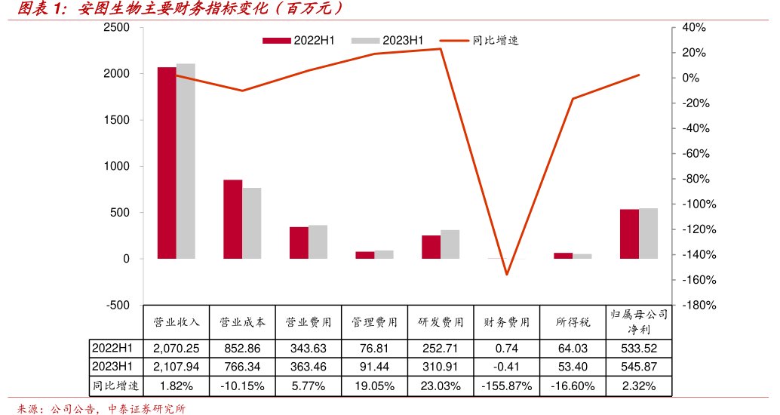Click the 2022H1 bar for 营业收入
[x=167, y=163]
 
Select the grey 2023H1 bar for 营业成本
[x=252, y=223]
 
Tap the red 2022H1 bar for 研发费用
[x=431, y=247]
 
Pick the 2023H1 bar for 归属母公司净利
[x=648, y=233]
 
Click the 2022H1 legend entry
[x=299, y=40]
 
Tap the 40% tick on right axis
[x=692, y=28]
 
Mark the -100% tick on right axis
[x=696, y=204]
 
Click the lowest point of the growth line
[x=507, y=274]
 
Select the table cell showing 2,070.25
[x=176, y=349]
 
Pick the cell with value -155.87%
[x=506, y=386]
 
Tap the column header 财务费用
[x=506, y=321]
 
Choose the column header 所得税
[x=573, y=321]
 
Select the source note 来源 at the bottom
[x=101, y=408]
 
